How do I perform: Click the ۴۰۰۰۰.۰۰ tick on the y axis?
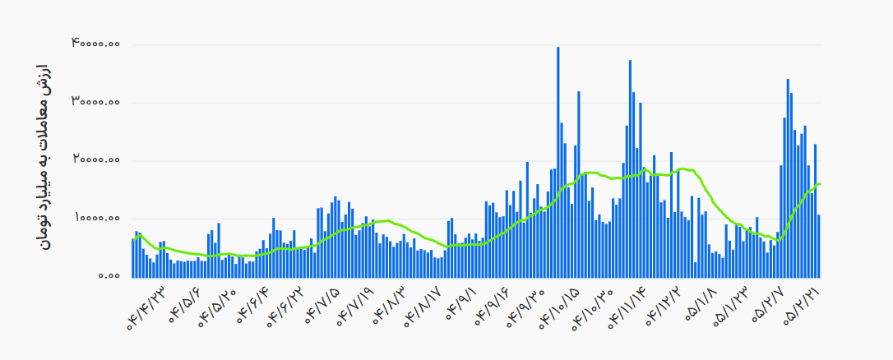click(x=95, y=44)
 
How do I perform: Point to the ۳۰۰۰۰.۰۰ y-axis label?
click(x=95, y=102)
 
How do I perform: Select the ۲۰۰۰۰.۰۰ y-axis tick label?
click(x=95, y=160)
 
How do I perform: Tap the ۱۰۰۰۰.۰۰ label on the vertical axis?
click(x=95, y=218)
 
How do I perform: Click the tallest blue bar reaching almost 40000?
click(x=558, y=162)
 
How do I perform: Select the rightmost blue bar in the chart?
click(x=819, y=246)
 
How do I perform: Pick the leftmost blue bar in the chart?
click(x=133, y=257)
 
